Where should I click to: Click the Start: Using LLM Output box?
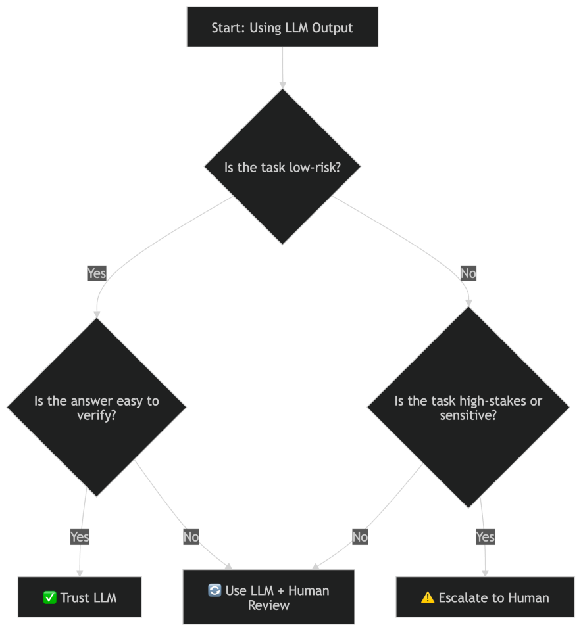282,27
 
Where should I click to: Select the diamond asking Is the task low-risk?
282,167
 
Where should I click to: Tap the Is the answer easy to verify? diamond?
97,408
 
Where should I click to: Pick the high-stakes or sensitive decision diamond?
468,408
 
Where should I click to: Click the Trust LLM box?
80,597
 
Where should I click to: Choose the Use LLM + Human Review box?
268,597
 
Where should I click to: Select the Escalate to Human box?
485,597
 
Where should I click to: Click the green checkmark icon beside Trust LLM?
49,597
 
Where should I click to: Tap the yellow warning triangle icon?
428,597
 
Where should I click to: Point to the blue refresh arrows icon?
215,590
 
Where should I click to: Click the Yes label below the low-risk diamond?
96,273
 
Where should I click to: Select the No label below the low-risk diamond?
468,273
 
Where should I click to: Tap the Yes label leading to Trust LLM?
80,537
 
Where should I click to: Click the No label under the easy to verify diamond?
191,537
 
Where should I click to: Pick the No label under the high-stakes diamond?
360,537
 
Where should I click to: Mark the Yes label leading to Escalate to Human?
485,537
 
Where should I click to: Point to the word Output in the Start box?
332,28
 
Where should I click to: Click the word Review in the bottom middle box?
268,605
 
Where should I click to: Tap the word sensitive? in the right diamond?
468,415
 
